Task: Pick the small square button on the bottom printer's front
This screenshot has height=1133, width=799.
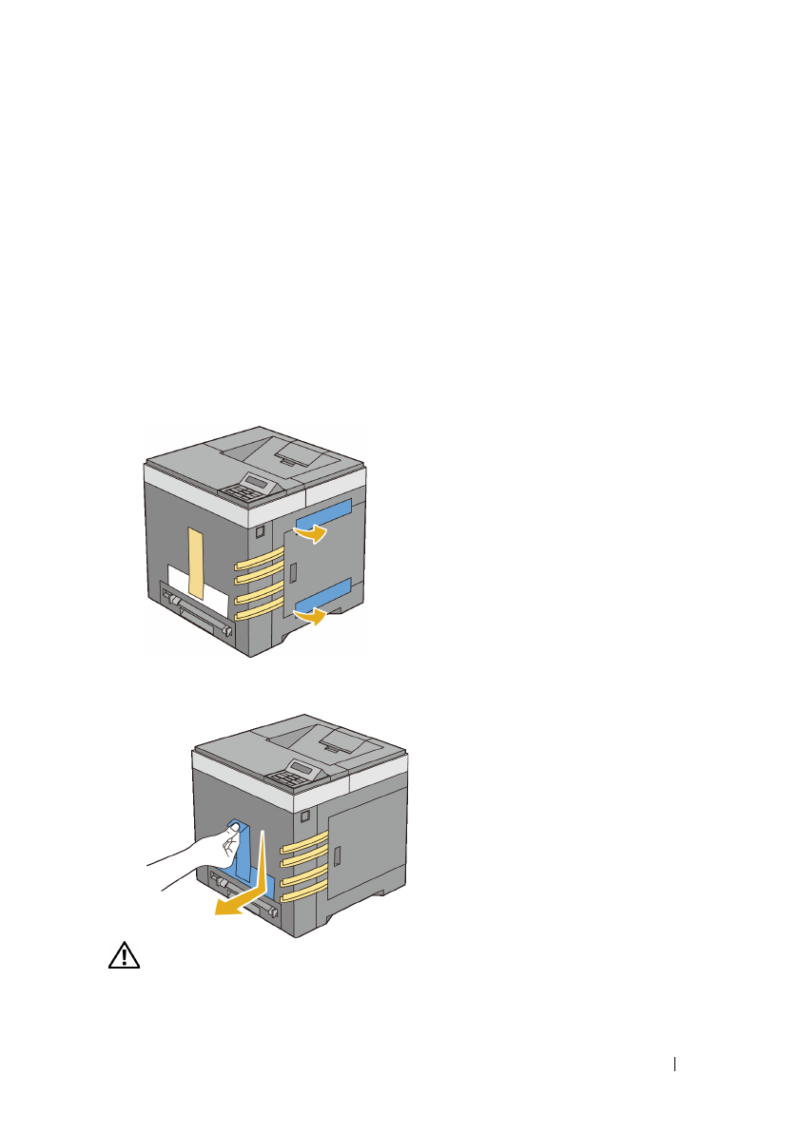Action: (x=303, y=816)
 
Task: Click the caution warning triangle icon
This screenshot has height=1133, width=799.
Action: (x=124, y=957)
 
